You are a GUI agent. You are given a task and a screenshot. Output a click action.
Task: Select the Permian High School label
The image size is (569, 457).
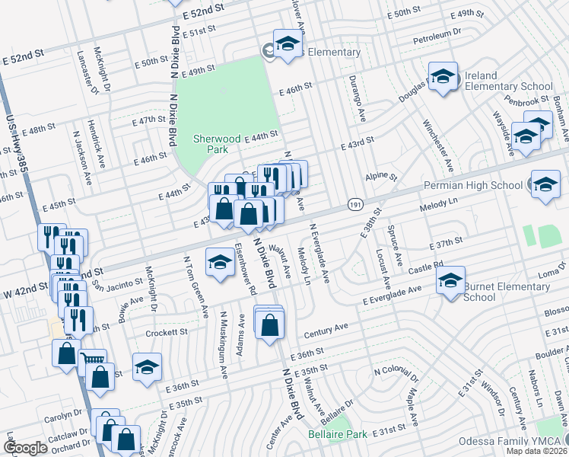click(x=484, y=185)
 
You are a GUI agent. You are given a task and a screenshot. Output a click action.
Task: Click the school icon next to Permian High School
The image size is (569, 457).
click(x=545, y=185)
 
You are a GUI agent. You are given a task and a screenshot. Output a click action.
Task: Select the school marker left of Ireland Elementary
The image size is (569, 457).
click(x=443, y=78)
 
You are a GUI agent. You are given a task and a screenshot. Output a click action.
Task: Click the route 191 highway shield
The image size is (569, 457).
click(x=354, y=205)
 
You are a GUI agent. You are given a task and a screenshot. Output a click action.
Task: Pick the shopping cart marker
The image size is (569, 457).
click(x=93, y=361)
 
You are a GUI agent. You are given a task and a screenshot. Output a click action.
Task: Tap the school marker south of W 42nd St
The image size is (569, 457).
click(x=221, y=264)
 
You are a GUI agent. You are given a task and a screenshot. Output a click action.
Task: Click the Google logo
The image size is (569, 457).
click(x=26, y=448)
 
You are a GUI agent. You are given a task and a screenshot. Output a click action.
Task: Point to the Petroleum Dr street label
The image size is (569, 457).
click(x=437, y=35)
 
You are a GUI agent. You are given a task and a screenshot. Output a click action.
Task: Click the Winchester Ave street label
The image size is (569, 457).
click(x=439, y=145)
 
